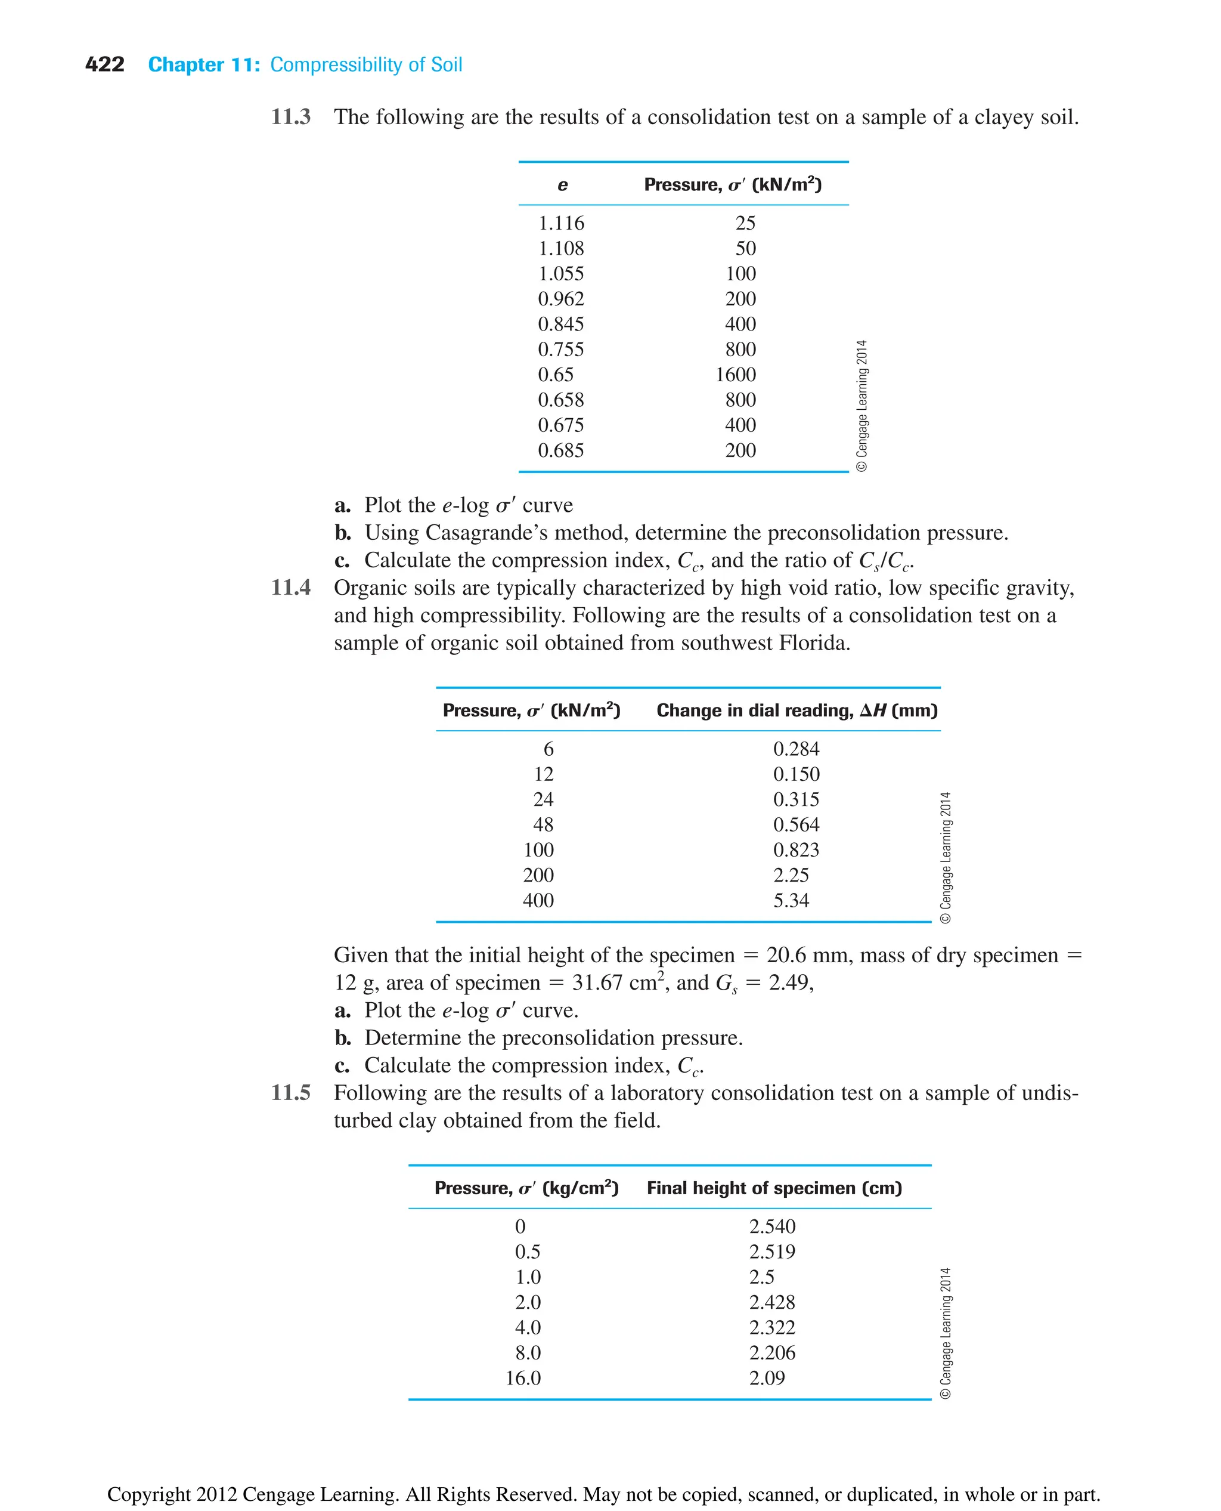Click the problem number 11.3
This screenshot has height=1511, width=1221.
(290, 117)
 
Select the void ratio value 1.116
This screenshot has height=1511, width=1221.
(560, 223)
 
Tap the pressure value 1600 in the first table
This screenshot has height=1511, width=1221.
(735, 375)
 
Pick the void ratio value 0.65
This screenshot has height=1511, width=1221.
(555, 375)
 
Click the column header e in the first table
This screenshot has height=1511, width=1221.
(562, 185)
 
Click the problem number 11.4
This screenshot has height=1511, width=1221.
(290, 587)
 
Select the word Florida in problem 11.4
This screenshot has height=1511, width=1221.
(814, 642)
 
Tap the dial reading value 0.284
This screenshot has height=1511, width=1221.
(796, 749)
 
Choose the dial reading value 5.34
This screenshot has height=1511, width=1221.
(791, 900)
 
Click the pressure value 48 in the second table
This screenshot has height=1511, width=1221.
(543, 824)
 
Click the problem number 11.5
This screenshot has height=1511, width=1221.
(290, 1092)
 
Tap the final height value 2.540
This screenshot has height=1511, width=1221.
(771, 1226)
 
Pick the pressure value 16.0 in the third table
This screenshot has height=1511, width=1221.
(523, 1378)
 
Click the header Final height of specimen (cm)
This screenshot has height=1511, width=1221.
(774, 1188)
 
